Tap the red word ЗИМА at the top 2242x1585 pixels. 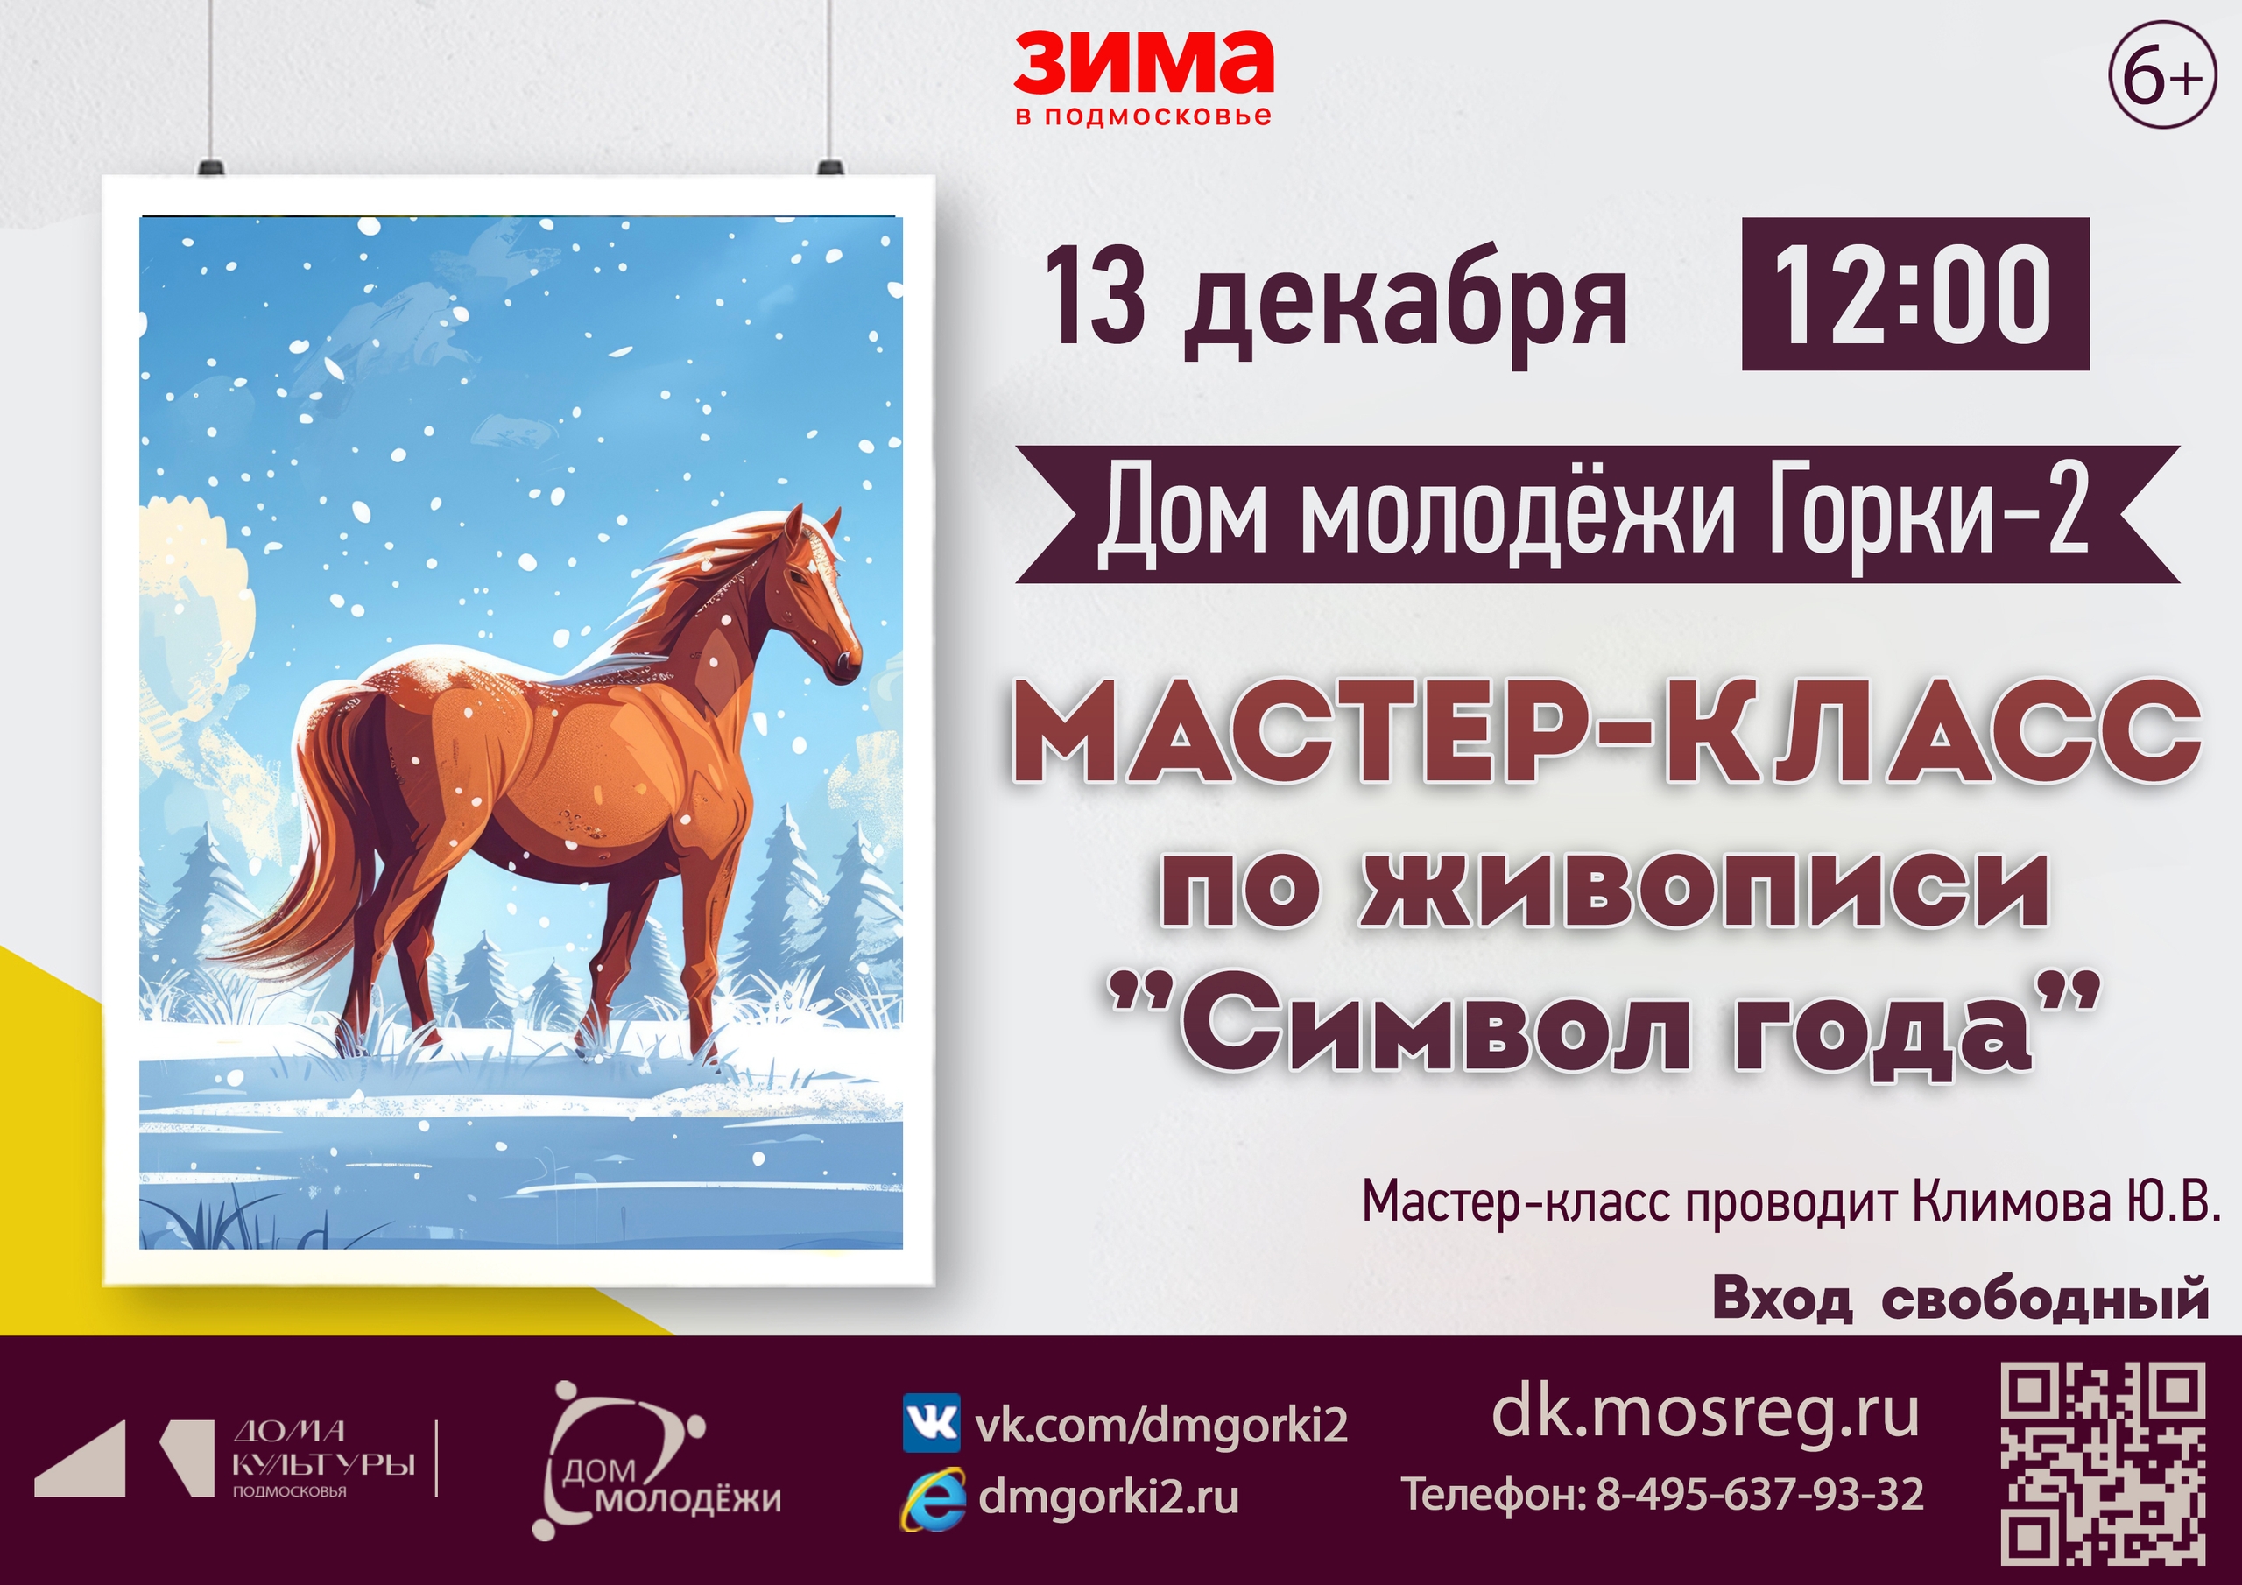[x=1144, y=60]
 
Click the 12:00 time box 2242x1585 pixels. [x=1914, y=294]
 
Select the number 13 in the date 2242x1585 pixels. [x=1095, y=295]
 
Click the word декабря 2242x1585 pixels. [x=1405, y=303]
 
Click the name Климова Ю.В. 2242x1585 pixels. [x=2063, y=1201]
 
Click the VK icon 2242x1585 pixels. [x=931, y=1424]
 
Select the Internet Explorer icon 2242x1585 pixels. [x=932, y=1498]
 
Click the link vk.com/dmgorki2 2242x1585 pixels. [x=1162, y=1425]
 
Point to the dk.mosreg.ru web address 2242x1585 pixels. [x=1705, y=1413]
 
